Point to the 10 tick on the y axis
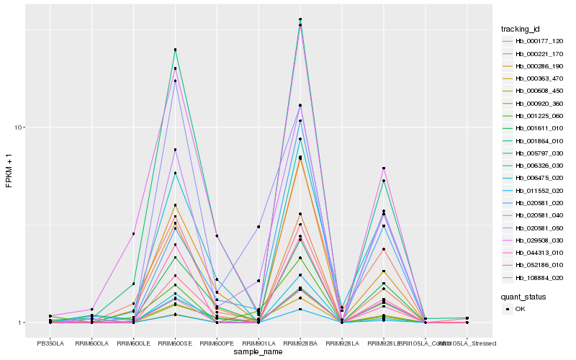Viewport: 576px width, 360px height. click(21, 127)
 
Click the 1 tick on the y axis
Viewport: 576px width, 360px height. click(22, 323)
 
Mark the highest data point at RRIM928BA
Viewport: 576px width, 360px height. click(300, 19)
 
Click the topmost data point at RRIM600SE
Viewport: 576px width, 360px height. click(175, 50)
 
